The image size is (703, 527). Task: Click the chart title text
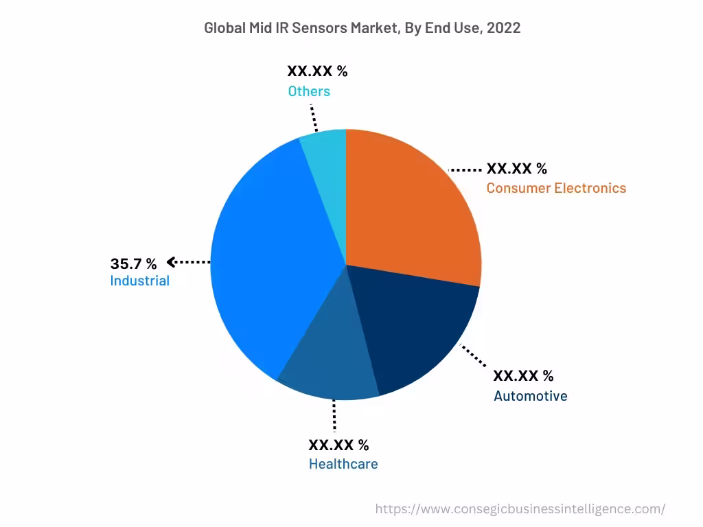tap(362, 28)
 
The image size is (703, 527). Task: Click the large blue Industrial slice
tap(268, 261)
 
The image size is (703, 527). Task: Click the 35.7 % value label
tap(133, 263)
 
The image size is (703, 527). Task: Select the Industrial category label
tap(139, 281)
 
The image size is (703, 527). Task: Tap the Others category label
tap(309, 91)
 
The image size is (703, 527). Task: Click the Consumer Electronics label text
tap(556, 188)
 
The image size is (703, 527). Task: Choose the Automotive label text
tap(530, 396)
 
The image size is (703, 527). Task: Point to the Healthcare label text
tap(343, 464)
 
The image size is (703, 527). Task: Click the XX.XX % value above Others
tap(317, 71)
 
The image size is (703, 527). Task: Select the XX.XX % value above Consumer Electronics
tap(516, 169)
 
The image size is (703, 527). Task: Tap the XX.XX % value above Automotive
tap(523, 376)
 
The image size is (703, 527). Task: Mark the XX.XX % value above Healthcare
tap(338, 445)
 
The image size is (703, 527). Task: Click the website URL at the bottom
tap(520, 509)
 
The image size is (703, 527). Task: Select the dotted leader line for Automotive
tap(474, 357)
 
